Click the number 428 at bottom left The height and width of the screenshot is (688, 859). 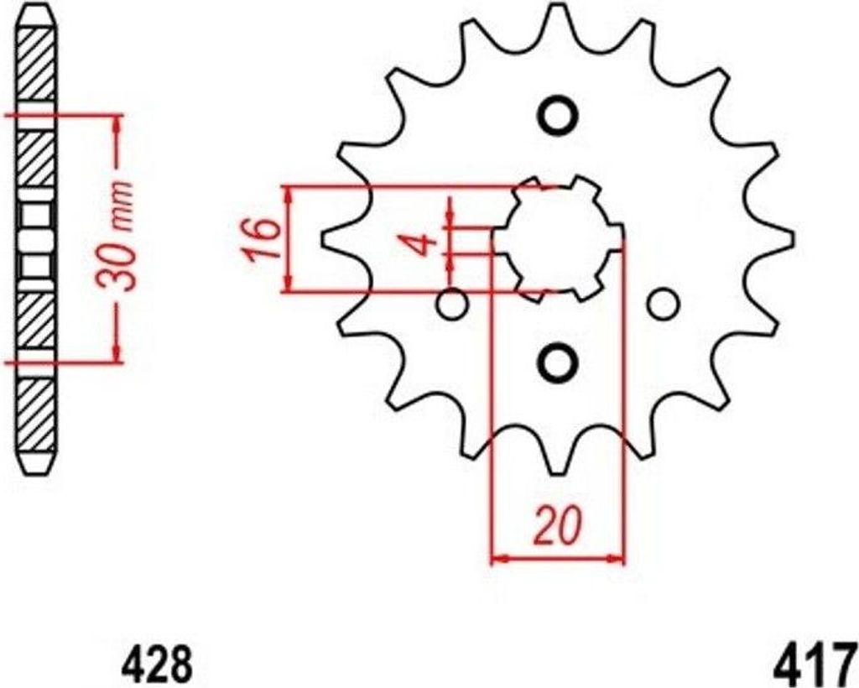[157, 664]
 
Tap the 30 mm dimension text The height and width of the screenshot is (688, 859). [116, 235]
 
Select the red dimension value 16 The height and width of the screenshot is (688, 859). [259, 239]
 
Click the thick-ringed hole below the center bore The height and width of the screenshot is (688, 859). [558, 362]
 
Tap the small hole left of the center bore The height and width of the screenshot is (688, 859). [452, 305]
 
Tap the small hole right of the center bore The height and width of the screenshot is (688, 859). [664, 305]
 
